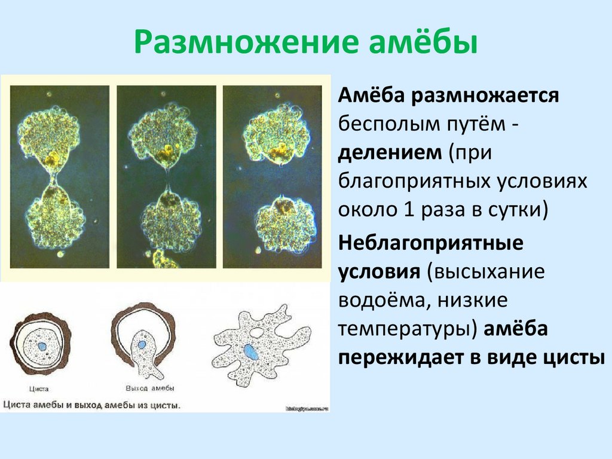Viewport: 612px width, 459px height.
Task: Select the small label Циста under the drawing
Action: pos(41,388)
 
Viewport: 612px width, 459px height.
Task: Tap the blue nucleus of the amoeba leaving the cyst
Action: pos(142,344)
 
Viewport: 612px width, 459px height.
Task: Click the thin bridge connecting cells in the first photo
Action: pos(54,178)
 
